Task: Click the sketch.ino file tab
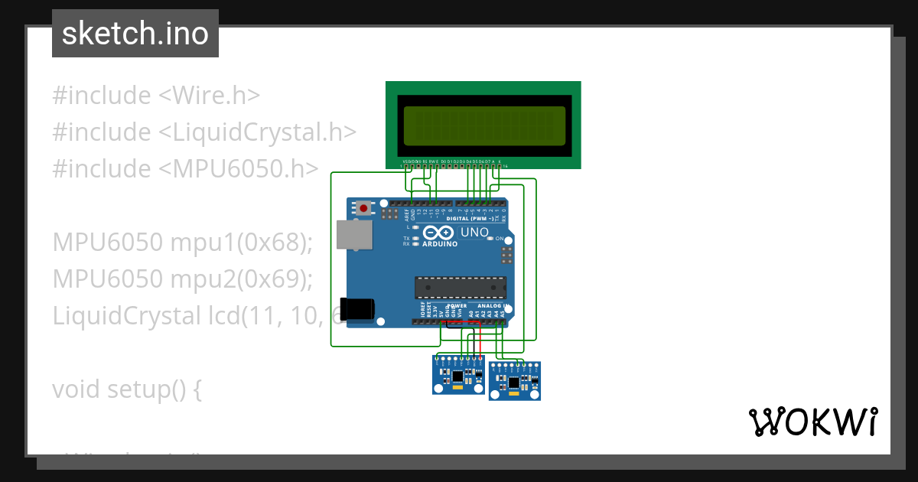pos(135,34)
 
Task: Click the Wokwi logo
pos(812,422)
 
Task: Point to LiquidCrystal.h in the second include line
pos(257,132)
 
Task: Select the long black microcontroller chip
pos(460,287)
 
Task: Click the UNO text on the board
pos(474,232)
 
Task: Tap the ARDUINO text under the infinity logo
pos(440,244)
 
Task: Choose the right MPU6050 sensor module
pos(514,381)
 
